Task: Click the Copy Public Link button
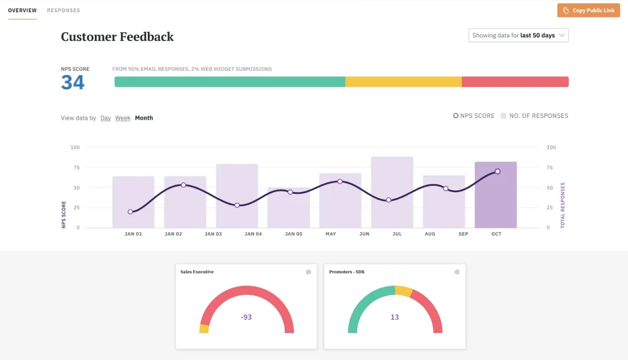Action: click(589, 10)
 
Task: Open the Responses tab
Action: click(63, 10)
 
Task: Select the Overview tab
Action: click(22, 10)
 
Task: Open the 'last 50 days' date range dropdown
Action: click(518, 36)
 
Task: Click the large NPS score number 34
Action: click(73, 83)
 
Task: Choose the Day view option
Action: click(105, 118)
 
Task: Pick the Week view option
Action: click(122, 118)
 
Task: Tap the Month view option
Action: click(144, 118)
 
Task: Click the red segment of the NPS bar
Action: click(515, 82)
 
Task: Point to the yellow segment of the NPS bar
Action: click(403, 82)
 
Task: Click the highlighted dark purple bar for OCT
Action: click(495, 201)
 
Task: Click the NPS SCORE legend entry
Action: click(474, 116)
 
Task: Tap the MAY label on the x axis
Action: click(331, 234)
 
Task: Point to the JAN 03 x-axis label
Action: click(213, 234)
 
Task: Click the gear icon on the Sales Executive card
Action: click(308, 272)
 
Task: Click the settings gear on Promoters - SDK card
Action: click(457, 272)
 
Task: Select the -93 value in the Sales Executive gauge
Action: click(246, 317)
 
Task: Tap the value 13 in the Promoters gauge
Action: click(395, 317)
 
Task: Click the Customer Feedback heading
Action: click(117, 37)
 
